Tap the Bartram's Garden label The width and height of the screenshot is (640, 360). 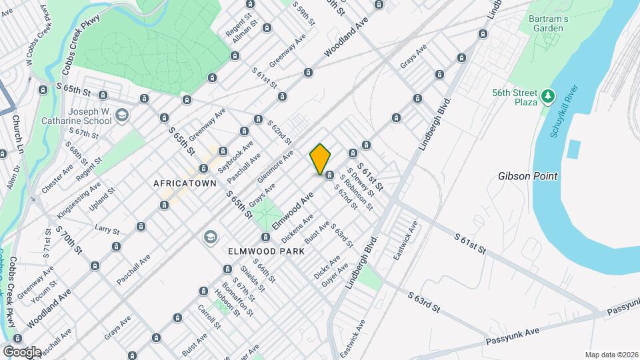click(x=549, y=25)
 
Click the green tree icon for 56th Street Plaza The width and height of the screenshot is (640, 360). click(x=548, y=97)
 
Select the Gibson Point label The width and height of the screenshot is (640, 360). click(x=527, y=176)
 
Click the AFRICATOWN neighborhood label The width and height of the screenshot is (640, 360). click(x=185, y=183)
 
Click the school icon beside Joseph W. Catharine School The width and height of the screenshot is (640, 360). click(x=121, y=117)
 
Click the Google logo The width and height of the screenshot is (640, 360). click(x=22, y=351)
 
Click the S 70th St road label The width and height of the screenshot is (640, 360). click(x=69, y=240)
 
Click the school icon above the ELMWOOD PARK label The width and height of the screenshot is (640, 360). click(x=210, y=237)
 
